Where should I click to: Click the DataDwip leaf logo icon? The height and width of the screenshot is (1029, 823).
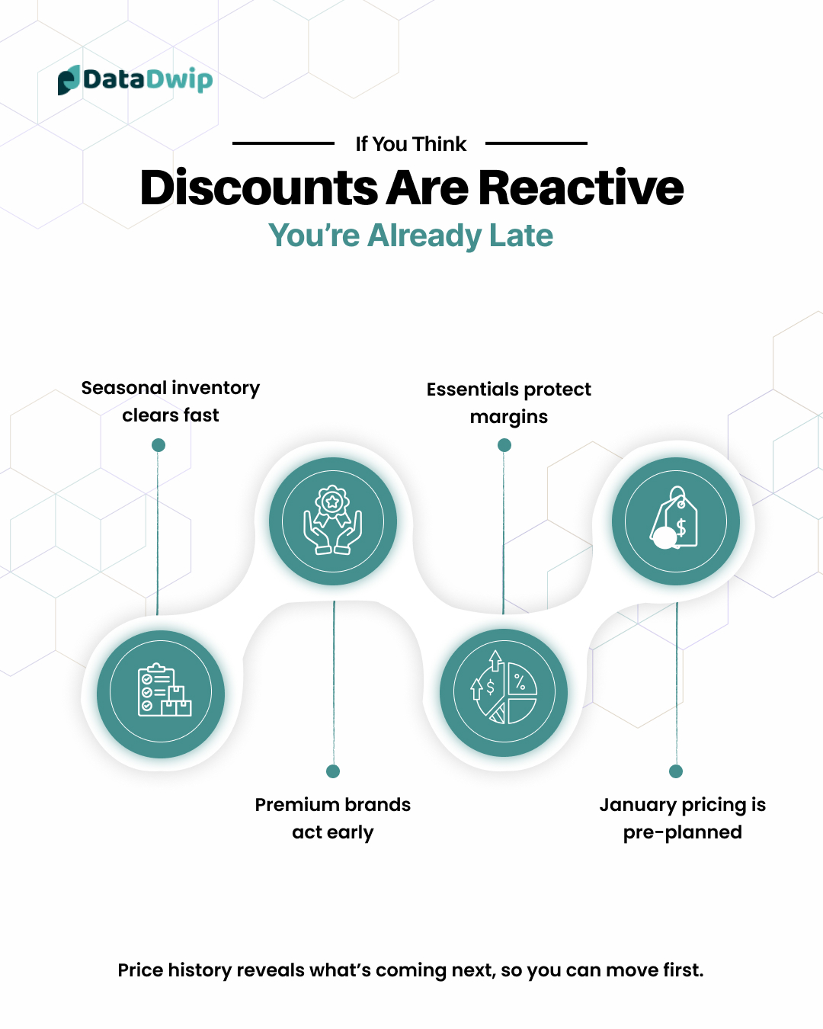point(69,80)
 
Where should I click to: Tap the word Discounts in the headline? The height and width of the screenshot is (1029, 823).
point(259,188)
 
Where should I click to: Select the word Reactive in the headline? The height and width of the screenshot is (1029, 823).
point(581,188)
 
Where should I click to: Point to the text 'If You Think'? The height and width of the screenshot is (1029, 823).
point(411,144)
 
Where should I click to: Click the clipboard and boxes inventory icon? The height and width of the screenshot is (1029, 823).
point(165,689)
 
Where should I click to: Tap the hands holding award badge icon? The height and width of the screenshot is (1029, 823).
point(333,520)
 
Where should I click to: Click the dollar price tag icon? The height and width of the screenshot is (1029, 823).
point(674,518)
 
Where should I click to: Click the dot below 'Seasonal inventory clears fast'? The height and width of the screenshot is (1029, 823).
point(159,445)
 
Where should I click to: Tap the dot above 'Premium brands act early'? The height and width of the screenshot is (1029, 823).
point(333,771)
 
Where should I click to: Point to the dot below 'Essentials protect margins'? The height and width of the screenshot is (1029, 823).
point(504,445)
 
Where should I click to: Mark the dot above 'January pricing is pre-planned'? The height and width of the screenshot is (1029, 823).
point(676,771)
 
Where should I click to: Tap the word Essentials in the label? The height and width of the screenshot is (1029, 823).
point(472,389)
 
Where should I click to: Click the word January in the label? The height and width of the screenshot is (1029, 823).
point(638,806)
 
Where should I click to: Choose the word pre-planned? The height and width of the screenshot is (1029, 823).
point(683,832)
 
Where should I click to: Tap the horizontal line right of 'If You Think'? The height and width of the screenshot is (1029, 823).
point(536,143)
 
